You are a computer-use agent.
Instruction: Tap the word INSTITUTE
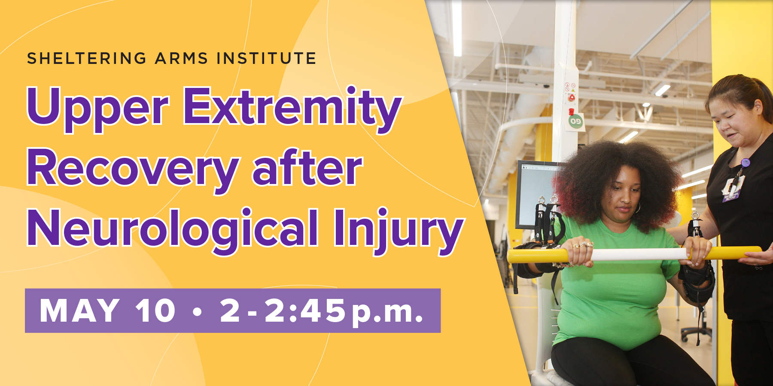266,58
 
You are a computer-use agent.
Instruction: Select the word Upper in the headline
98,108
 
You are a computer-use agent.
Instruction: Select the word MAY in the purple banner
79,310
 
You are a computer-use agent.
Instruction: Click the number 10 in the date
155,310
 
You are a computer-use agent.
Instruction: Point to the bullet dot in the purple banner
197,311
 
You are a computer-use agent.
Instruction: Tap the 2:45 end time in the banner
305,310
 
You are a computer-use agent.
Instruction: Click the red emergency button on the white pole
572,98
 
